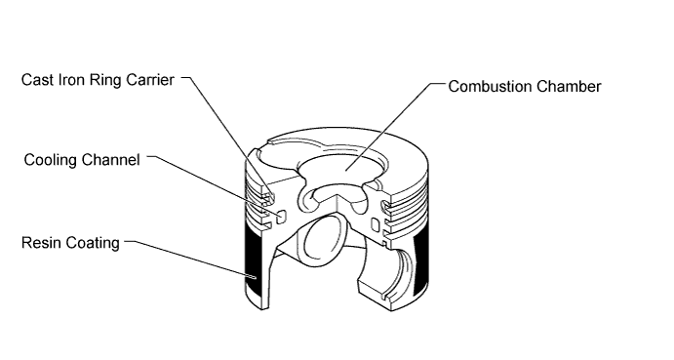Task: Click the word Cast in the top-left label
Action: pyautogui.click(x=37, y=80)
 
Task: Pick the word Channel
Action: pyautogui.click(x=110, y=160)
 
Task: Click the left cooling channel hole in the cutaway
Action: pyautogui.click(x=282, y=217)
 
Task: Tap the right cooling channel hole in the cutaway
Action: pyautogui.click(x=376, y=224)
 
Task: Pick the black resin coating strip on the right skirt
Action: pyautogui.click(x=420, y=265)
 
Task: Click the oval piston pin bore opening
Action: pyautogui.click(x=323, y=240)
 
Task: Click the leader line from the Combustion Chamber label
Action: pyautogui.click(x=395, y=127)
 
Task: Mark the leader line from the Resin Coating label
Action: pyautogui.click(x=191, y=260)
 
